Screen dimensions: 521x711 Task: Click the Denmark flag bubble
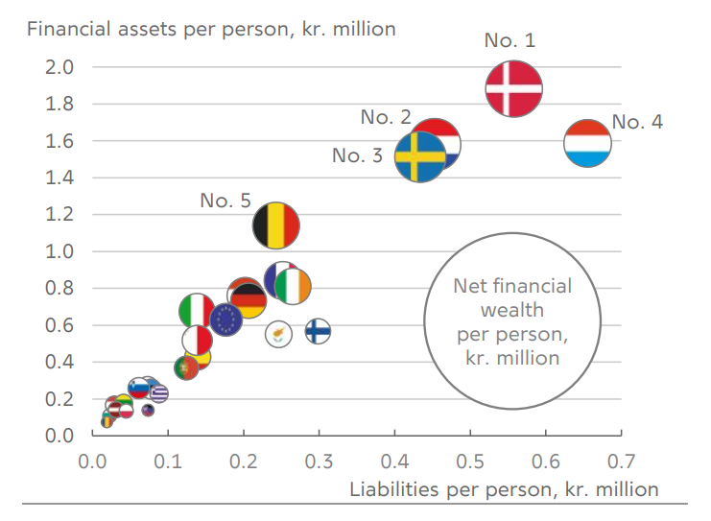pyautogui.click(x=513, y=88)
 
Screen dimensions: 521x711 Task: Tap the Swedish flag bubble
pyautogui.click(x=419, y=156)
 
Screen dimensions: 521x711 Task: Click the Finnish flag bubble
pyautogui.click(x=319, y=332)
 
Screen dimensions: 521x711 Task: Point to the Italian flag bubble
pyautogui.click(x=197, y=311)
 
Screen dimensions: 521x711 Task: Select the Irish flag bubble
pyautogui.click(x=293, y=286)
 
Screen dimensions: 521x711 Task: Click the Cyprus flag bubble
pyautogui.click(x=277, y=333)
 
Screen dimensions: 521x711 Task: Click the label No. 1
pyautogui.click(x=510, y=40)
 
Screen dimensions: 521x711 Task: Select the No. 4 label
pyautogui.click(x=637, y=122)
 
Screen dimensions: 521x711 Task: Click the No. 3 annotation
pyautogui.click(x=357, y=154)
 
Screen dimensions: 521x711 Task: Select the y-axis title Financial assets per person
pyautogui.click(x=212, y=28)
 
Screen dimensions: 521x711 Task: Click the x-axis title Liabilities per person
pyautogui.click(x=504, y=489)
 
